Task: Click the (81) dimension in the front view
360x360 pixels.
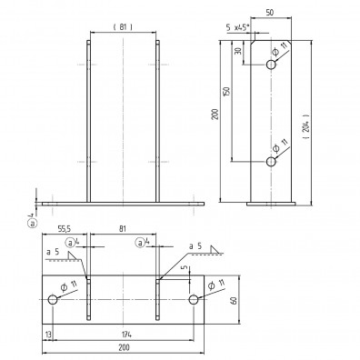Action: (x=123, y=27)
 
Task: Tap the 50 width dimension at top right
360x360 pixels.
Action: (x=269, y=13)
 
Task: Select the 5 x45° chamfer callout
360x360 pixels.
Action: (x=237, y=27)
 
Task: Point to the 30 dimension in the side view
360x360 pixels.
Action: (x=239, y=51)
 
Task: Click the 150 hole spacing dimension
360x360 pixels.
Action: (x=226, y=92)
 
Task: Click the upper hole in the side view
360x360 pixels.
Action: (x=271, y=65)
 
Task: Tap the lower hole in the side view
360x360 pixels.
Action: (x=271, y=162)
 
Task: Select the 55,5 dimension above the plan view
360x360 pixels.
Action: (x=63, y=229)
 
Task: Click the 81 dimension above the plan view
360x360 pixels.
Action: (x=123, y=229)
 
